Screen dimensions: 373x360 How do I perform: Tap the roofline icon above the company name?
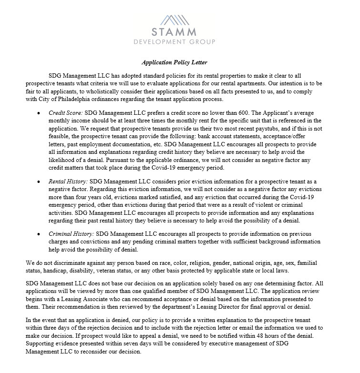pos(180,19)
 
